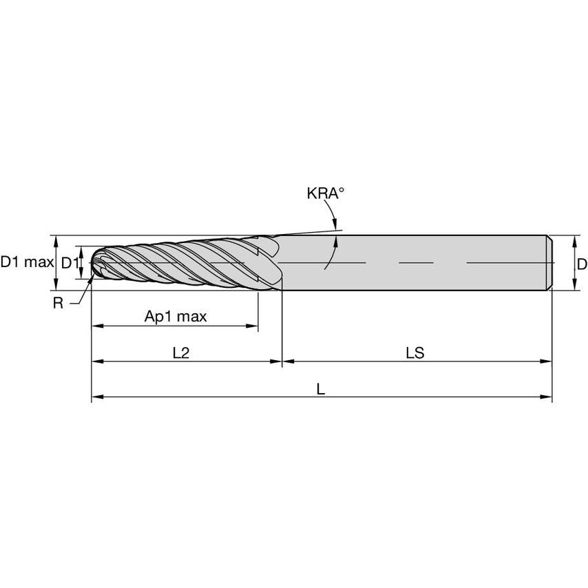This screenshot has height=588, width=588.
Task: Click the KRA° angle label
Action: click(325, 193)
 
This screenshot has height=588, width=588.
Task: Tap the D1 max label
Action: click(26, 262)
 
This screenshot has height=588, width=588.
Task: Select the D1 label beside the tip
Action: click(70, 262)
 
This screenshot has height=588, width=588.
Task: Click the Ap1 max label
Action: click(175, 317)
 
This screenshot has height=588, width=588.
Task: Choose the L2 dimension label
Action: click(181, 353)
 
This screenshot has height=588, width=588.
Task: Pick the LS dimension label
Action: click(414, 353)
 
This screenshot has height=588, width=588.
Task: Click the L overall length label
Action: click(321, 389)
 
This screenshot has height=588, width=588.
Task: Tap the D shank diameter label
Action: click(582, 264)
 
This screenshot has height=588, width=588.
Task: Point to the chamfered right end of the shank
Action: click(550, 262)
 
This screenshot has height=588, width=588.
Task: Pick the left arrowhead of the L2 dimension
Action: click(96, 361)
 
